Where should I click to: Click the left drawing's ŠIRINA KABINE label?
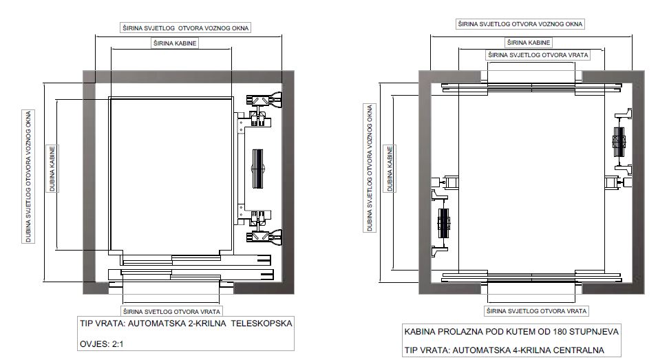[175, 43]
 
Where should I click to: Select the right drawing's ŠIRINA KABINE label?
[529, 43]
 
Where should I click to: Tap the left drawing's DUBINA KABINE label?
[52, 169]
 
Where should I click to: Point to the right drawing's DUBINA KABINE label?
[390, 169]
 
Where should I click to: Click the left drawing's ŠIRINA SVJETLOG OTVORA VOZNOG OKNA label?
[185, 28]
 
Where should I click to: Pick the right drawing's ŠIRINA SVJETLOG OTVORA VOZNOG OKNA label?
[520, 24]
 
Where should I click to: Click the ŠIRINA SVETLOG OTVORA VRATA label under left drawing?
[171, 311]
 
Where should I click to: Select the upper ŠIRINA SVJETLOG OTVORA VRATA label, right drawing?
[538, 55]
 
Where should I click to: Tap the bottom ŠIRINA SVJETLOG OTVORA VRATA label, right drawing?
[536, 311]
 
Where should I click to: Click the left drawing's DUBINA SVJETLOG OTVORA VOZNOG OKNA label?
[28, 177]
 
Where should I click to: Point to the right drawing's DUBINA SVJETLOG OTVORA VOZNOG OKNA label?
[370, 168]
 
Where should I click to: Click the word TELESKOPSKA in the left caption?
[262, 324]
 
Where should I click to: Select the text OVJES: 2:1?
[102, 344]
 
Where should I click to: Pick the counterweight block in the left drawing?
[257, 168]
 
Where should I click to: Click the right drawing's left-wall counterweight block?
[443, 223]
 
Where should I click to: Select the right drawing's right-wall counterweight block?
[619, 142]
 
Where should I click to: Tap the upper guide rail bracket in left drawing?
[264, 100]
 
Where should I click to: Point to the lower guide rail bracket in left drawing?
[264, 237]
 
